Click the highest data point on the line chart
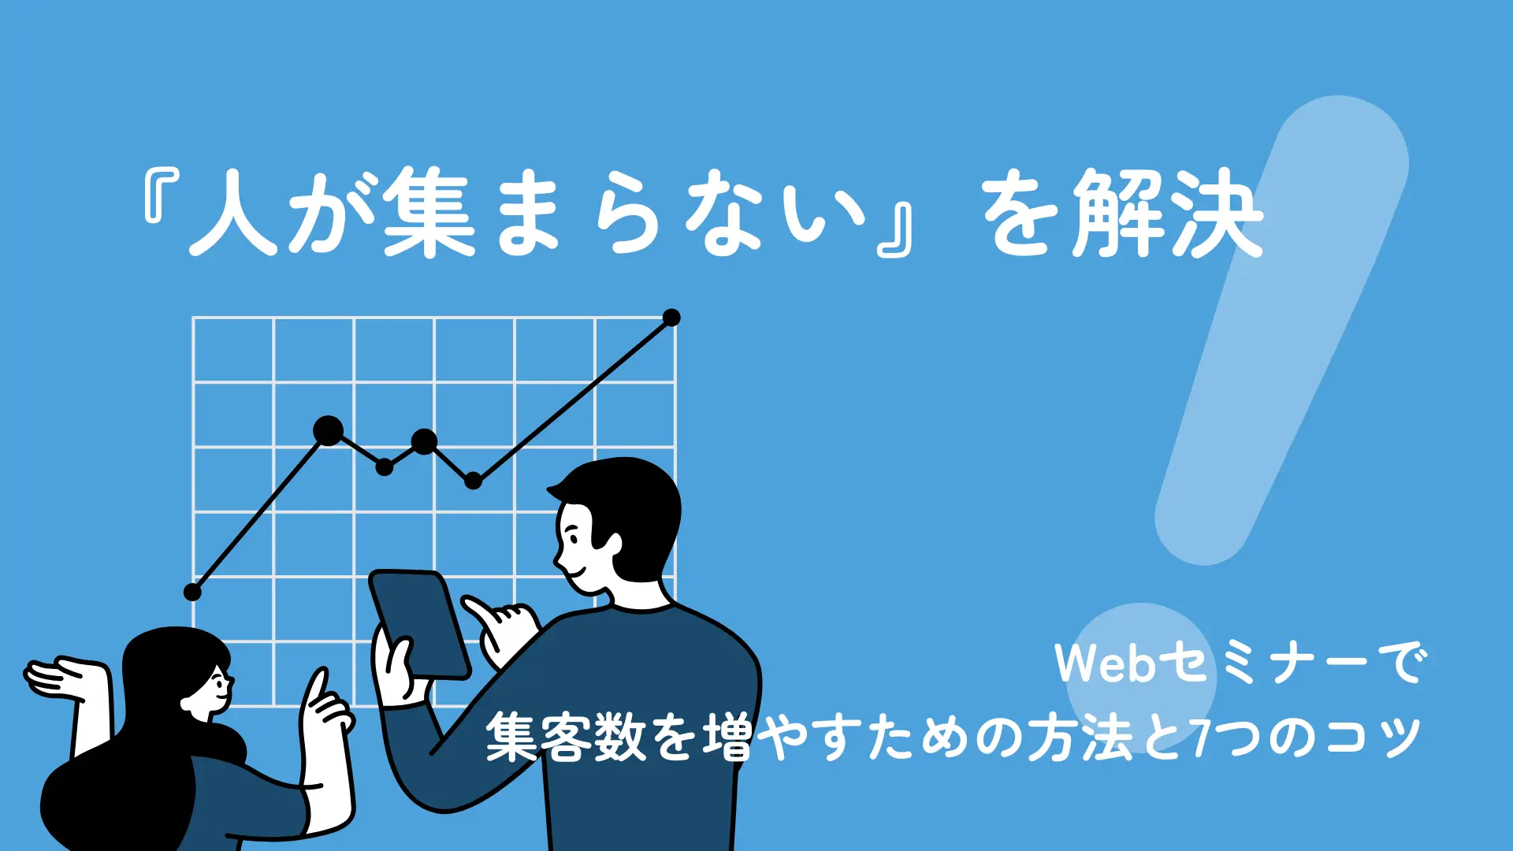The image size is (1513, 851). coord(671,318)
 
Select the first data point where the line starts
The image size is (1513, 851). coord(192,592)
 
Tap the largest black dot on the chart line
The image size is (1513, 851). coord(328,431)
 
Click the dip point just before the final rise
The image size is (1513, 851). coord(473,480)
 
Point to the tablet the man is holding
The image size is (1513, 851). coord(420,624)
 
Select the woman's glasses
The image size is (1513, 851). coord(222,678)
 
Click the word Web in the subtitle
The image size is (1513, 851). coord(1105,663)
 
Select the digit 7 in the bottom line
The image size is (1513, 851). coord(1201,738)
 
